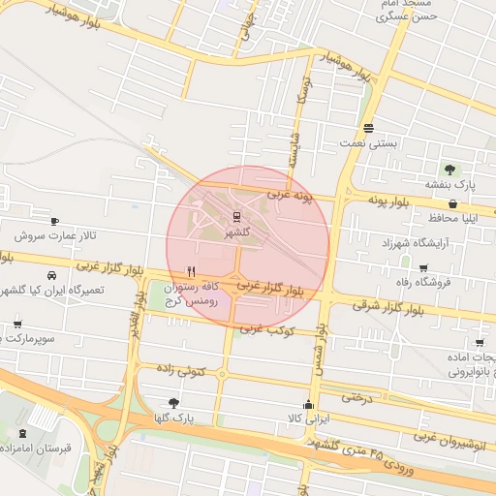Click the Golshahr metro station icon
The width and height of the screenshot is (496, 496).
(x=236, y=218)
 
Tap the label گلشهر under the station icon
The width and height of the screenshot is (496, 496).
(x=236, y=233)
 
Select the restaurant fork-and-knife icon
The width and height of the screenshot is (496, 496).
(x=192, y=272)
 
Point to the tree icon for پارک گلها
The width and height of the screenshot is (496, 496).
(x=174, y=402)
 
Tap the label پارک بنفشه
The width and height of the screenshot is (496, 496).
(x=451, y=183)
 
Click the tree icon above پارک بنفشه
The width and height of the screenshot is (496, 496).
(x=449, y=170)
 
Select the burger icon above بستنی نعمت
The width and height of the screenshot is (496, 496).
(x=368, y=129)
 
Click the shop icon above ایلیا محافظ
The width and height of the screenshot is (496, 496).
(x=454, y=203)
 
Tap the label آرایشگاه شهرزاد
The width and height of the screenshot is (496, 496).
(x=418, y=239)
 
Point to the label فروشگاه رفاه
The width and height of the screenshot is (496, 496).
(x=427, y=282)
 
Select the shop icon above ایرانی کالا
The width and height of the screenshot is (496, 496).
(x=309, y=405)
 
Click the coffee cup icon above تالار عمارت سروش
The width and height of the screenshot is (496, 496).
(x=53, y=221)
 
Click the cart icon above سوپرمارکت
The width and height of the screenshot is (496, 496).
(x=17, y=325)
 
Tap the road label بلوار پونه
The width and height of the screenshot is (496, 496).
(x=391, y=199)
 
